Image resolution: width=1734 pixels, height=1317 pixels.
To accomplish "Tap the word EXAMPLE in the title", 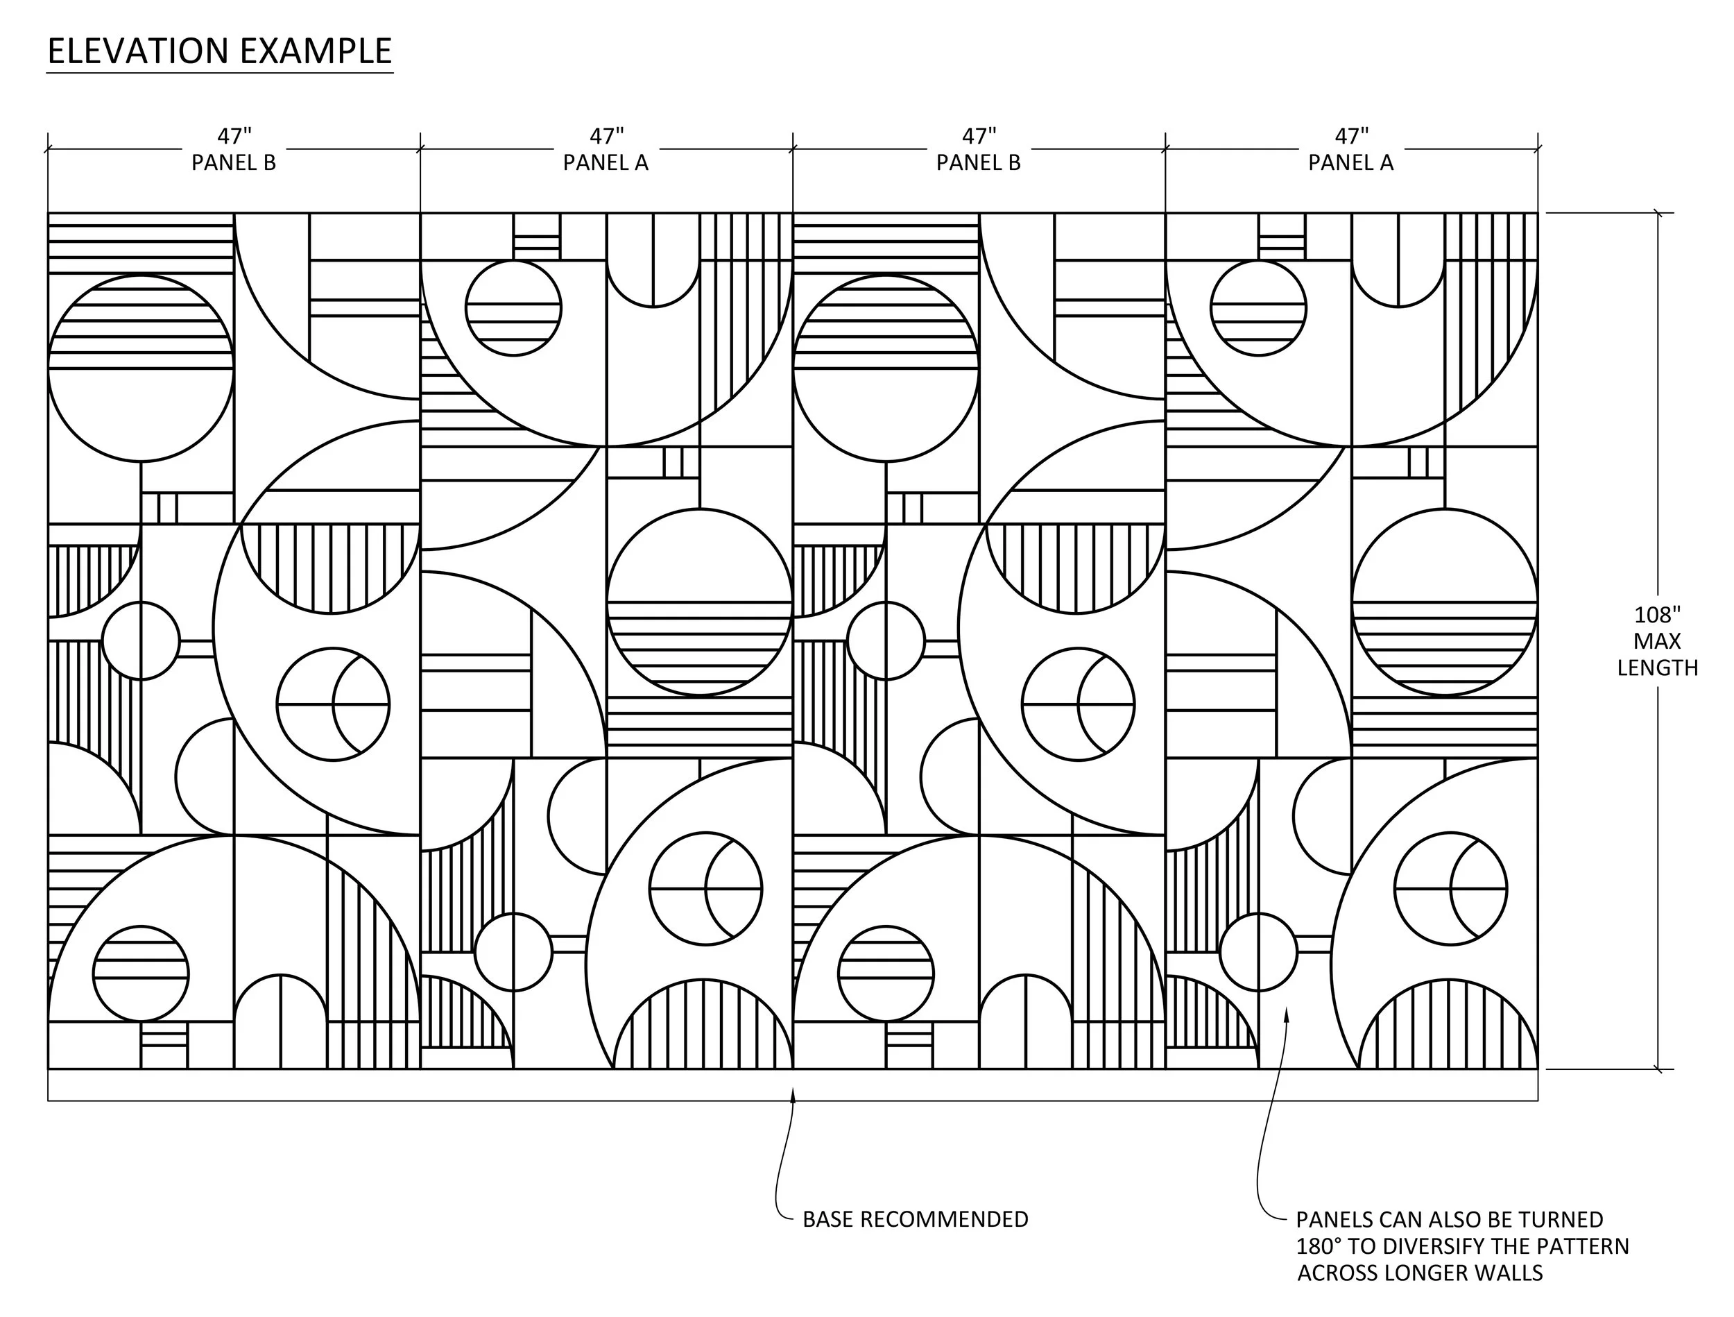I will pos(315,52).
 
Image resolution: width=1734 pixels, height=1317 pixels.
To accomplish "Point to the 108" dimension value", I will pos(1657,615).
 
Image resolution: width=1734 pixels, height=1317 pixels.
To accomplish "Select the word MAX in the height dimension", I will pos(1657,642).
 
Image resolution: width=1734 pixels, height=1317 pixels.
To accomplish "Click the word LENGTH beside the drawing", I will pos(1657,668).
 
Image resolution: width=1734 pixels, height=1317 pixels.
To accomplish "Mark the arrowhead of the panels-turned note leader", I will pos(1286,1015).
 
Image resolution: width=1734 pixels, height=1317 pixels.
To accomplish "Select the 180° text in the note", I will pos(1319,1246).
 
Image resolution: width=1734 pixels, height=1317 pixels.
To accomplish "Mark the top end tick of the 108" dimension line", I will pos(1657,212).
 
